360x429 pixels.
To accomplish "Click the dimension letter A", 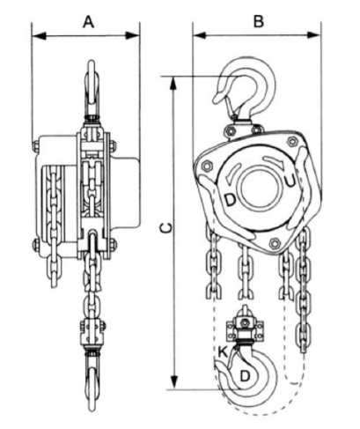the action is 89,22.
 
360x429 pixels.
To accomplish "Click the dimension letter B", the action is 259,21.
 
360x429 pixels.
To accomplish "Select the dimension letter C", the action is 166,228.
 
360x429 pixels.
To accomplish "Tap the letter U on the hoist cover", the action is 290,181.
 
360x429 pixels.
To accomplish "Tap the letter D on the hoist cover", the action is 231,200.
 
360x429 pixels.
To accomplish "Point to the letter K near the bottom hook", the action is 223,351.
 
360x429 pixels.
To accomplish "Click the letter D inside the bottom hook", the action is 245,376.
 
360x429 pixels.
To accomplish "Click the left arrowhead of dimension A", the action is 39,36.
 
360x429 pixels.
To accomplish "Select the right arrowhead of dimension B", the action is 313,35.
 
